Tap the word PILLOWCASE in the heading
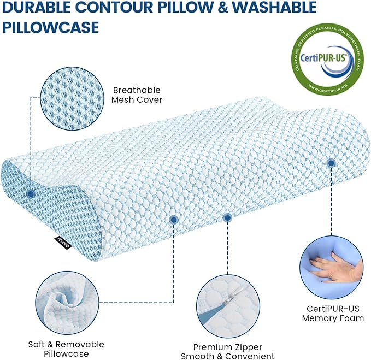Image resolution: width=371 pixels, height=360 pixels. (x=51, y=27)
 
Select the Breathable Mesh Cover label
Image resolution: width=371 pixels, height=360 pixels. (x=137, y=95)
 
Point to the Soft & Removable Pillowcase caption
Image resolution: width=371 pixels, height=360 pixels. (x=66, y=350)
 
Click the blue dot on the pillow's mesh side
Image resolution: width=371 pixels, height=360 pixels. (x=31, y=193)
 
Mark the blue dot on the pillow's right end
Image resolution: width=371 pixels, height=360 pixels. (x=331, y=163)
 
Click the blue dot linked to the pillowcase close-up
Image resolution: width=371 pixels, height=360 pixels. (x=173, y=220)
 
